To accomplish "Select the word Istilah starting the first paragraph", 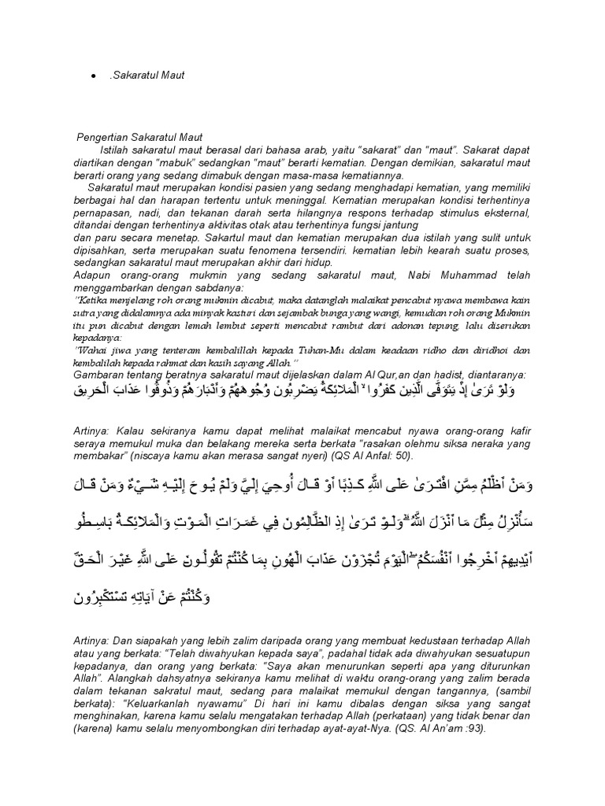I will [x=117, y=150].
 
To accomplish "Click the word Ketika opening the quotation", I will [x=93, y=301].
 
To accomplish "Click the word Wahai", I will [x=93, y=352].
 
